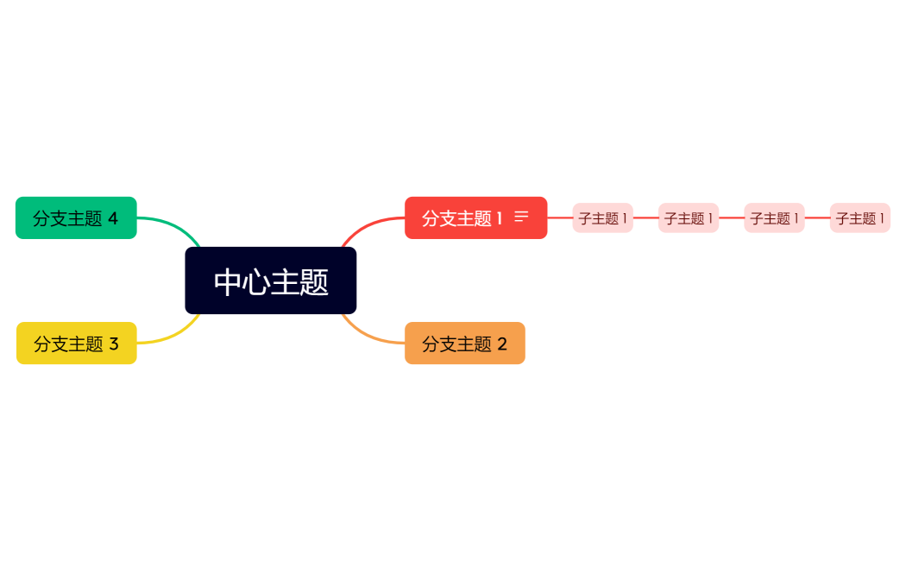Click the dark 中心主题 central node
coord(270,280)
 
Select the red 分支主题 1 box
coord(462,218)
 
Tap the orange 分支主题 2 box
coord(464,344)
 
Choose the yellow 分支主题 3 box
coord(76,344)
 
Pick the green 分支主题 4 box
coord(76,218)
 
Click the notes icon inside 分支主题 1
coord(521,217)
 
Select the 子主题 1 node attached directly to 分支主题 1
coord(602,218)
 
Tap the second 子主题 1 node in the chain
coord(688,218)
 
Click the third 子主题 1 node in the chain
coord(774,218)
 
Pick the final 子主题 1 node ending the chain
coord(859,218)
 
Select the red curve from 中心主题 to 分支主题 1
coord(367,226)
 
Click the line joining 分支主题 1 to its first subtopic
coord(560,218)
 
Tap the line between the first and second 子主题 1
coord(645,218)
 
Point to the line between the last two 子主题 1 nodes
coord(817,218)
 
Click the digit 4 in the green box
coord(113,218)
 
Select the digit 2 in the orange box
coord(502,344)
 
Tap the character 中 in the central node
coord(228,281)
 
